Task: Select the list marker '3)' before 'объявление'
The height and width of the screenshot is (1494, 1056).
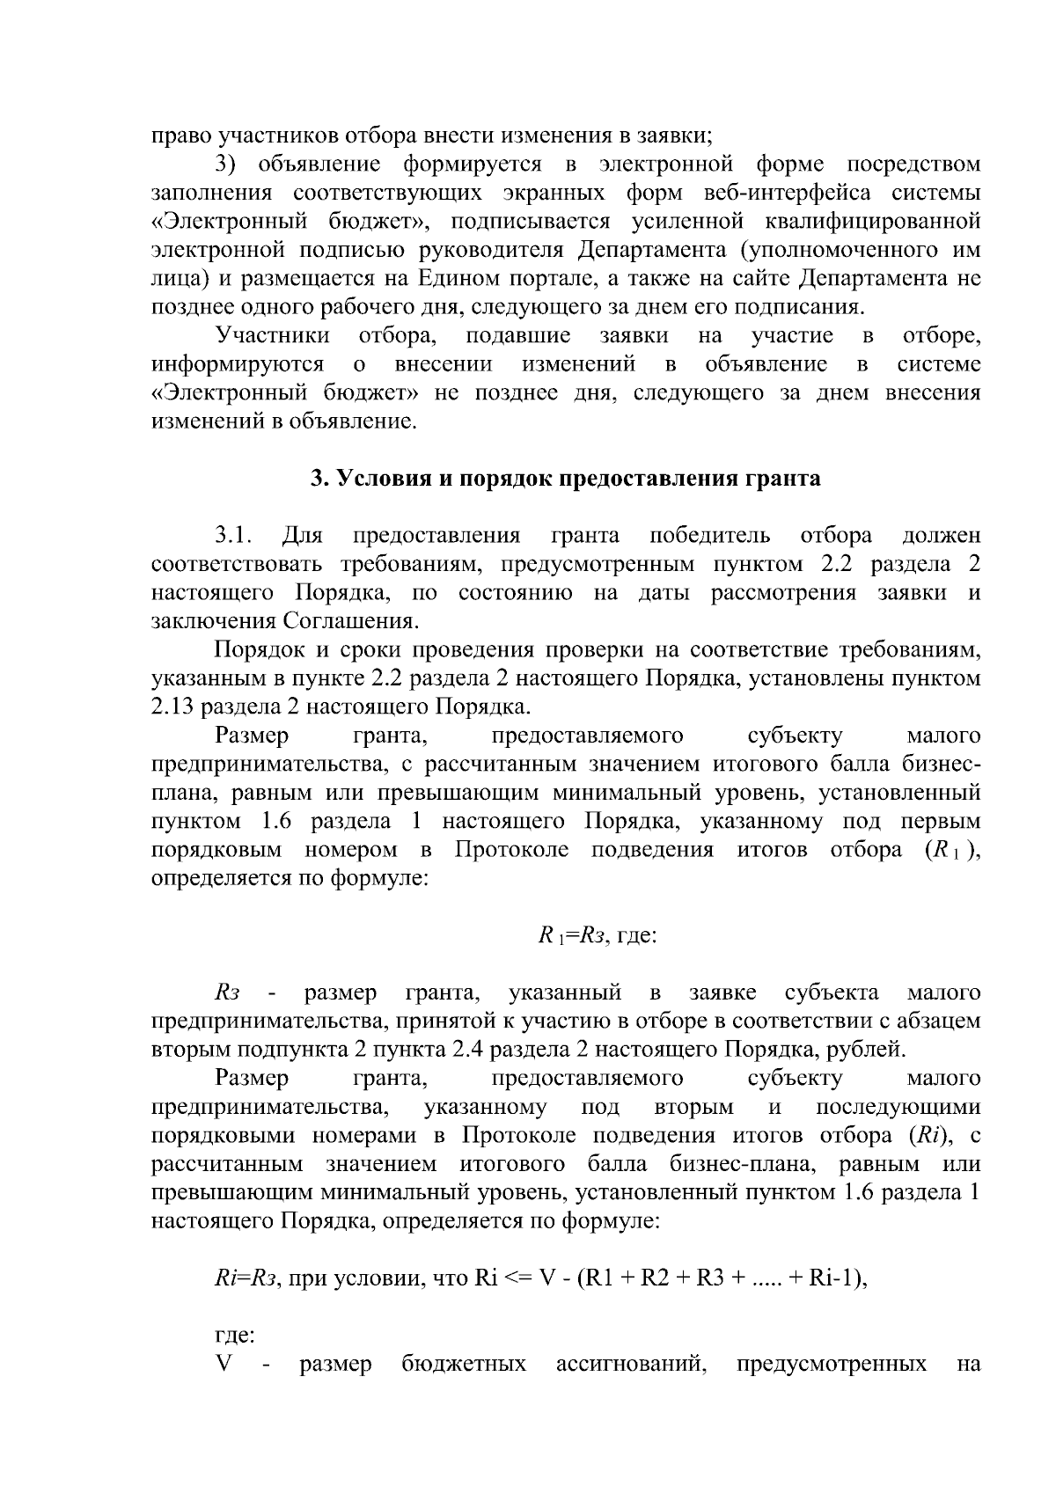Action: pyautogui.click(x=228, y=164)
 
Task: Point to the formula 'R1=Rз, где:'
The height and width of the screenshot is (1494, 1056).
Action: pyautogui.click(x=598, y=935)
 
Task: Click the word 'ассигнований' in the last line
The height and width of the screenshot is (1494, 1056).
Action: pyautogui.click(x=633, y=1365)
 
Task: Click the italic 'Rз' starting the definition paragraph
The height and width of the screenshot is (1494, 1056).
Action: pyautogui.click(x=227, y=992)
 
